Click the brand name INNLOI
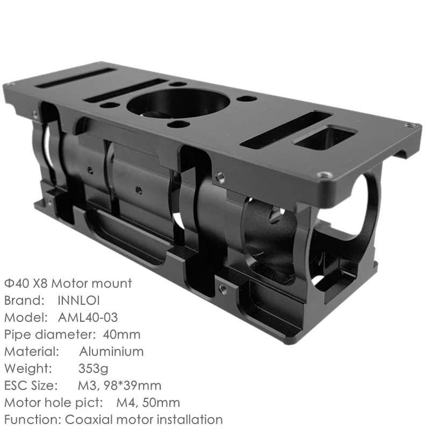[x=78, y=300]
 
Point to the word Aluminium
[x=111, y=352]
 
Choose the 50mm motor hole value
[x=163, y=403]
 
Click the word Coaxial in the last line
[x=89, y=419]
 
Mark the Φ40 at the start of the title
[x=14, y=283]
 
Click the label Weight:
[x=28, y=369]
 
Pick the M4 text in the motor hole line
[x=126, y=403]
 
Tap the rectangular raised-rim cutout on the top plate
[x=325, y=137]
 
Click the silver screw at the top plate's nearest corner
[x=322, y=175]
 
